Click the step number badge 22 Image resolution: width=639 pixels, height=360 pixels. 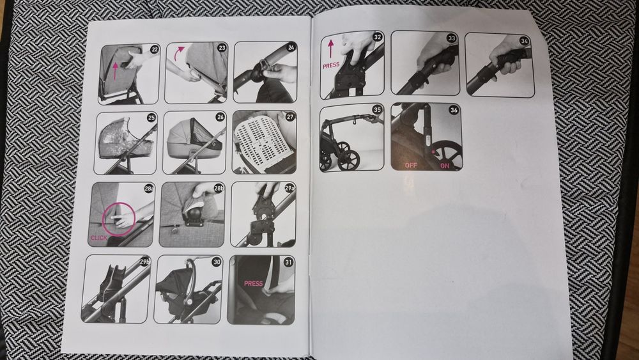[x=155, y=50]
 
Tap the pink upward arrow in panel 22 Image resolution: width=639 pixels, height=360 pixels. [x=116, y=70]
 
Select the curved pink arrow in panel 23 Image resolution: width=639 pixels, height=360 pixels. [x=179, y=53]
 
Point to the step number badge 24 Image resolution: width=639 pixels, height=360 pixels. [x=291, y=47]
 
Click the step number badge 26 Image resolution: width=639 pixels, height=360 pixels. [x=220, y=117]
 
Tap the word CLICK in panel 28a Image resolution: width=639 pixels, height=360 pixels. [x=99, y=238]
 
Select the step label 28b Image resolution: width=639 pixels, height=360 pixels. [x=219, y=189]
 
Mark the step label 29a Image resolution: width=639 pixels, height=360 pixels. [x=289, y=188]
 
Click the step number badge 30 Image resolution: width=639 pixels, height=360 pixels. [x=217, y=262]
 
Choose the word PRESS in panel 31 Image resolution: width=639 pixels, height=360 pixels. [x=254, y=284]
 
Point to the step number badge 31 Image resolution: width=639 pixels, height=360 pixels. [x=288, y=262]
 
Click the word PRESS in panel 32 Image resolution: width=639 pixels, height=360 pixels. [x=331, y=65]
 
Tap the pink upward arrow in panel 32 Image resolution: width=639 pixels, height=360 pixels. [x=330, y=49]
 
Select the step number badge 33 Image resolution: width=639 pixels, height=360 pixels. [x=452, y=38]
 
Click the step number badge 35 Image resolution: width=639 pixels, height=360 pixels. [x=377, y=110]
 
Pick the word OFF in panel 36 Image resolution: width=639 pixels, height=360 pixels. [x=411, y=166]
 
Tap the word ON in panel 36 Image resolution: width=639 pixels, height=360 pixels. [x=445, y=166]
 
